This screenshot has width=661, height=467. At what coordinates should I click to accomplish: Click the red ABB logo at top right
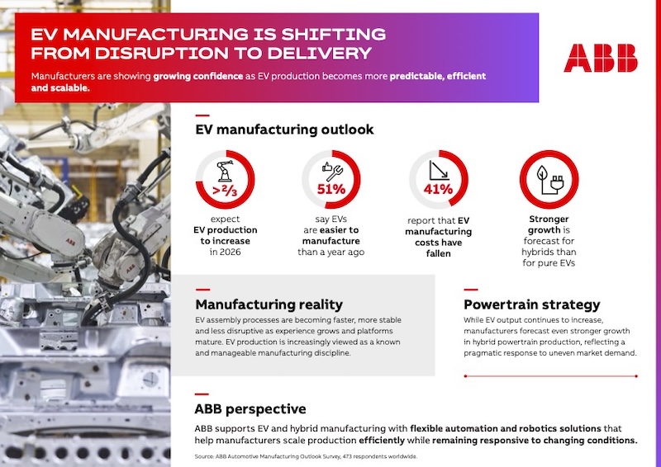click(601, 58)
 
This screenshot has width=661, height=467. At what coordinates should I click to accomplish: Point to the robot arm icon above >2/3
click(224, 170)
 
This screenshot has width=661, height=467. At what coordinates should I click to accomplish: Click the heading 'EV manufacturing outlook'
click(284, 130)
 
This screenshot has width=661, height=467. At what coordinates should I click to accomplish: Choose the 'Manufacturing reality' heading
click(269, 303)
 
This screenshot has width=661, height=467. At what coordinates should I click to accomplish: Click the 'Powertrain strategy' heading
click(531, 304)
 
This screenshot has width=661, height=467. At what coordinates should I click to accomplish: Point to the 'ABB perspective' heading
click(250, 409)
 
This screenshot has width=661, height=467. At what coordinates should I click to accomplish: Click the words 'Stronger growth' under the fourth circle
click(549, 224)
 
